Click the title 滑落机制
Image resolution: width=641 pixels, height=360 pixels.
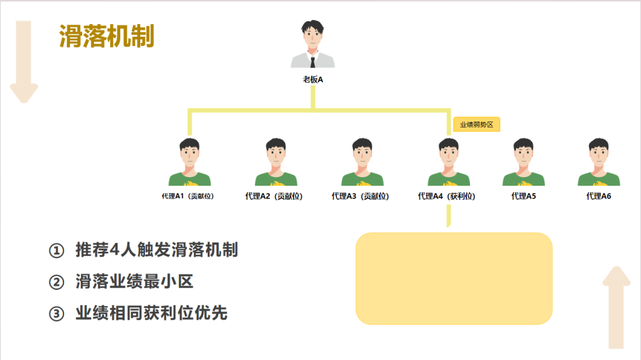tap(107, 36)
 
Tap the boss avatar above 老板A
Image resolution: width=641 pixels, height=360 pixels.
tap(312, 45)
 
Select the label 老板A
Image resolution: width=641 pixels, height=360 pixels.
tap(312, 79)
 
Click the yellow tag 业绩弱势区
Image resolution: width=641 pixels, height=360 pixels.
tap(477, 124)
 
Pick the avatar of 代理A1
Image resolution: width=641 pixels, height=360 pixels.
tap(190, 162)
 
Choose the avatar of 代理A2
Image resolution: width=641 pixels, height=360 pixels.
tap(276, 162)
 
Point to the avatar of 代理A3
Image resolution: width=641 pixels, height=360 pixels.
tap(362, 162)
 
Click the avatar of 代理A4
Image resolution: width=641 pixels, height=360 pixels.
tap(448, 162)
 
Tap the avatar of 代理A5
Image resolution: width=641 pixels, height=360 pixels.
tap(523, 162)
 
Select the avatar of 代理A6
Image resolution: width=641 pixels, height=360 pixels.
tap(598, 162)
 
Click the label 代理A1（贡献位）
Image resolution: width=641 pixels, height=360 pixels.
tap(188, 196)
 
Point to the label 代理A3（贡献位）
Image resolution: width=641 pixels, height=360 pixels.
tap(360, 196)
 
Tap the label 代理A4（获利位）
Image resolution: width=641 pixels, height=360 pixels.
tap(446, 196)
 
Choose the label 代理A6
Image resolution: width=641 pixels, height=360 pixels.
tap(598, 196)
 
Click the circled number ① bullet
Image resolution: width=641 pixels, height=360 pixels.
tap(57, 251)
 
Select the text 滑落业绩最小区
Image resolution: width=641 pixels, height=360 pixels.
tap(134, 282)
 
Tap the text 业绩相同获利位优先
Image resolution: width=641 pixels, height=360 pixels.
tap(152, 313)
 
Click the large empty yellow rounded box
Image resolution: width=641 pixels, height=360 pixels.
tap(454, 278)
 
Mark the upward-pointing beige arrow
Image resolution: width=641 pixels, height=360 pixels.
tap(618, 307)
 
